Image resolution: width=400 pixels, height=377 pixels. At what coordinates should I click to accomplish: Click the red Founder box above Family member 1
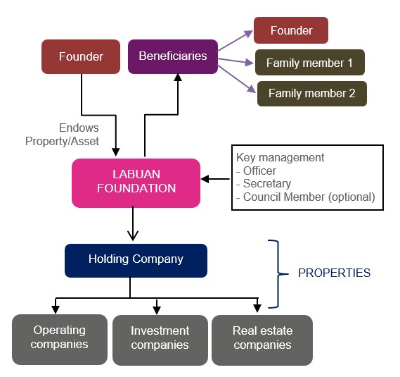(291, 30)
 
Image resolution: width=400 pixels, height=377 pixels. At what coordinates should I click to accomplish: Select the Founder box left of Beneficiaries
(81, 56)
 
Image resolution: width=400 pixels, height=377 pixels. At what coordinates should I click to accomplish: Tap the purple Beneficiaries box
(173, 56)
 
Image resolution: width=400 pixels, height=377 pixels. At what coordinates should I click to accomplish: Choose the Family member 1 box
(310, 63)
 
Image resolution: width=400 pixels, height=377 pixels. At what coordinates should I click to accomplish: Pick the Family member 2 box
(311, 94)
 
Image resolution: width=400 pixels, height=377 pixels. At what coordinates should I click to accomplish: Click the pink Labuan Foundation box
(136, 183)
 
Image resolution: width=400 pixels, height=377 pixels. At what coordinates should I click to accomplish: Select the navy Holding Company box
(136, 260)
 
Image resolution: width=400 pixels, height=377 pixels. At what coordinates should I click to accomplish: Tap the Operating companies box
(60, 340)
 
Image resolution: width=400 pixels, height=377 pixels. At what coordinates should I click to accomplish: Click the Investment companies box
(160, 340)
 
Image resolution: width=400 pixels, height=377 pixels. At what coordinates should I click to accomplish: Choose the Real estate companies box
(262, 340)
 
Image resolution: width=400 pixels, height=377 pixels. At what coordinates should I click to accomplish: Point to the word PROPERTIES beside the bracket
(334, 273)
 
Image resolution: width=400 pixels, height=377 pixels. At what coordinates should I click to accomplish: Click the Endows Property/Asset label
(62, 135)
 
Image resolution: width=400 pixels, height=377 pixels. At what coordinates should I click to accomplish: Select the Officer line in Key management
(257, 171)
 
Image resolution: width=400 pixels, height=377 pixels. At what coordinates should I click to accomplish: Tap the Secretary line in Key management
(264, 184)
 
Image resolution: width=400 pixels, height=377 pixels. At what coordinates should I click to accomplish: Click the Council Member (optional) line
(306, 197)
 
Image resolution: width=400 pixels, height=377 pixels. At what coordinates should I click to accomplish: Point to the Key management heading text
(280, 158)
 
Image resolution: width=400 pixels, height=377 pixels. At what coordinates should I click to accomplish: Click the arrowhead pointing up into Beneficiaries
(178, 78)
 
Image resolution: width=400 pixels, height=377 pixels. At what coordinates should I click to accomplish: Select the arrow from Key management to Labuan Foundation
(215, 179)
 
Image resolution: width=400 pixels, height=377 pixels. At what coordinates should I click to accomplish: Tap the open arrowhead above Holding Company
(133, 235)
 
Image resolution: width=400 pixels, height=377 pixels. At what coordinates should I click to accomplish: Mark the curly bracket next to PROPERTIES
(278, 273)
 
